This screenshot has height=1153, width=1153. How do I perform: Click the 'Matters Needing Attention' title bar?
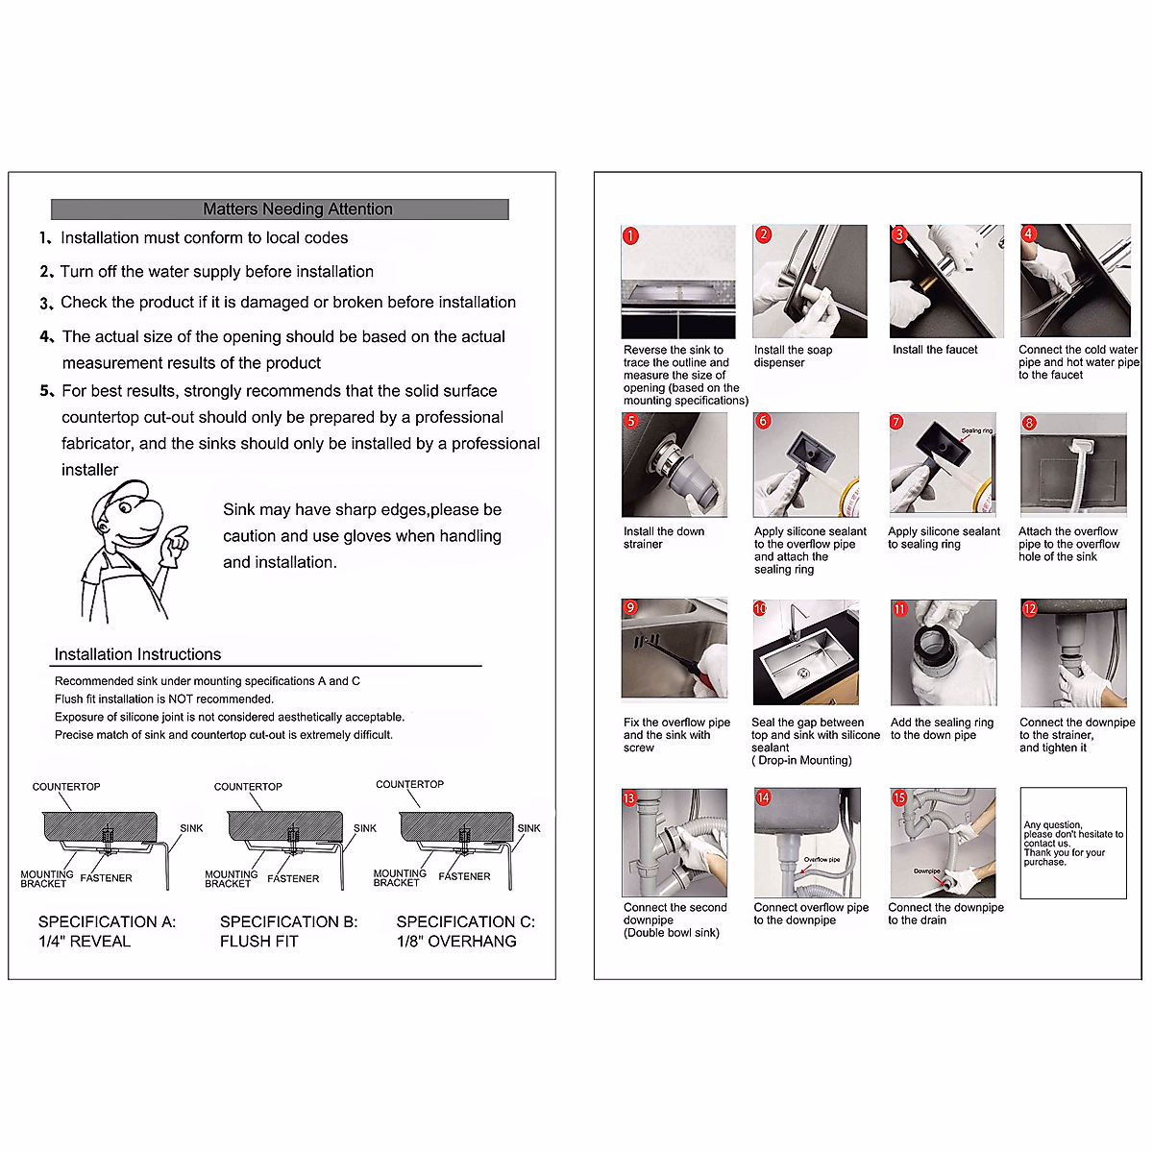tap(280, 209)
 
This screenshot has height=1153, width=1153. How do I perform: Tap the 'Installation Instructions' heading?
tap(137, 654)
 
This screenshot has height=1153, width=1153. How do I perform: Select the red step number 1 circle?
tap(630, 235)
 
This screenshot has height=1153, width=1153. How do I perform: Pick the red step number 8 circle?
tap(1029, 423)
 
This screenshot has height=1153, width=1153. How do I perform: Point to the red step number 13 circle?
tap(630, 798)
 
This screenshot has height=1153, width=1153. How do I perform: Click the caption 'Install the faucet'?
tap(935, 350)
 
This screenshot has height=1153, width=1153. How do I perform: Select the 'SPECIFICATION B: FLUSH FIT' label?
tap(288, 931)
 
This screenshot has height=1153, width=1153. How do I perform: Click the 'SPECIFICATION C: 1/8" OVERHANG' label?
tap(465, 931)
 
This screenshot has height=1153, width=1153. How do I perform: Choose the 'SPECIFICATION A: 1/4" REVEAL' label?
tap(107, 931)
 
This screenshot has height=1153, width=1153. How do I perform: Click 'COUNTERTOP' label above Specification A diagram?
tap(66, 787)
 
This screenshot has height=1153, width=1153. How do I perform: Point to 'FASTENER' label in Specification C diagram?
tap(464, 876)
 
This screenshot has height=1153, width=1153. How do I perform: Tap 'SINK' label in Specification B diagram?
tap(365, 828)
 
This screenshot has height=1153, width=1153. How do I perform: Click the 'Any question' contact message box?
tap(1072, 843)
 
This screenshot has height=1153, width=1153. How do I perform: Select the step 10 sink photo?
tap(806, 652)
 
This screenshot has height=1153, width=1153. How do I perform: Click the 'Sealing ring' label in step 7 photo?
tap(977, 430)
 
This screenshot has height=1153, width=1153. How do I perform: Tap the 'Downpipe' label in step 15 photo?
tap(926, 871)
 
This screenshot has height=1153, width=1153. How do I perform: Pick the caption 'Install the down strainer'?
tap(664, 537)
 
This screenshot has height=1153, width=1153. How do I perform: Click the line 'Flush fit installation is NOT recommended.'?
tap(164, 699)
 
